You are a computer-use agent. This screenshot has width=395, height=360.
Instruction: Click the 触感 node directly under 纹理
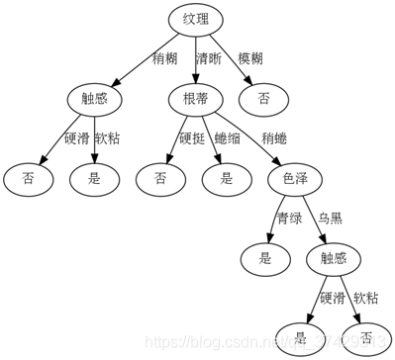(94, 99)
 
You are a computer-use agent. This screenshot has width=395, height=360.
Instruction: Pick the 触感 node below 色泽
(327, 259)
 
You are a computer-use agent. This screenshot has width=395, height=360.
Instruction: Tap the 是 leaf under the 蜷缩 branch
(227, 179)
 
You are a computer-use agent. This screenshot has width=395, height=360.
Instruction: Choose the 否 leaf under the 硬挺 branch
(161, 179)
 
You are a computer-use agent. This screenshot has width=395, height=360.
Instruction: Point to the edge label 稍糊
(165, 58)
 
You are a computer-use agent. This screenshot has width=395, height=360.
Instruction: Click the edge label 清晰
(209, 58)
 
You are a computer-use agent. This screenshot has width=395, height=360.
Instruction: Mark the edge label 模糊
(251, 58)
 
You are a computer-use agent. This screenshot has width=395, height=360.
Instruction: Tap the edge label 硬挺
(191, 138)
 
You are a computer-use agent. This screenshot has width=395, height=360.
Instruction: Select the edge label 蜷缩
(228, 138)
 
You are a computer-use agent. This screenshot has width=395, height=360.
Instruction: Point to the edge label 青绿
(288, 219)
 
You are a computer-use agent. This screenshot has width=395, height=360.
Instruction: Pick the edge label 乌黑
(330, 219)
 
